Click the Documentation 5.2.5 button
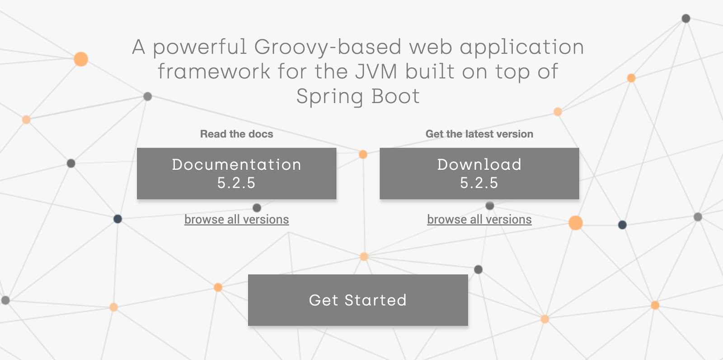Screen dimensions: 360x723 [236, 173]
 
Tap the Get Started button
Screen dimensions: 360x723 [358, 300]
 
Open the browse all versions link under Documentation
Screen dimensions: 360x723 [236, 220]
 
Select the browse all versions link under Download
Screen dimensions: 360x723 [479, 220]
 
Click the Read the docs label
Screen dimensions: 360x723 [236, 134]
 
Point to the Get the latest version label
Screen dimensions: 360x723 [479, 134]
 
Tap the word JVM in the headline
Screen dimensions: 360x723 [376, 72]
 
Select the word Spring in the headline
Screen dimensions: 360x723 [329, 97]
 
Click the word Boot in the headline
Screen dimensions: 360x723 [395, 96]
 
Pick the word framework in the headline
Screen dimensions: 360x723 [214, 72]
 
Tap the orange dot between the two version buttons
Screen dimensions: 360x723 [363, 154]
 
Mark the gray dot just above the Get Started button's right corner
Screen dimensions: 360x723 [478, 270]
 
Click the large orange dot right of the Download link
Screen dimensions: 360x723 [575, 223]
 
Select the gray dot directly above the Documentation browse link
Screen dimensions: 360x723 [257, 208]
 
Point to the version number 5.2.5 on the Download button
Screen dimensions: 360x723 [479, 183]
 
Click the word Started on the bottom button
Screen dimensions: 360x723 [376, 300]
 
